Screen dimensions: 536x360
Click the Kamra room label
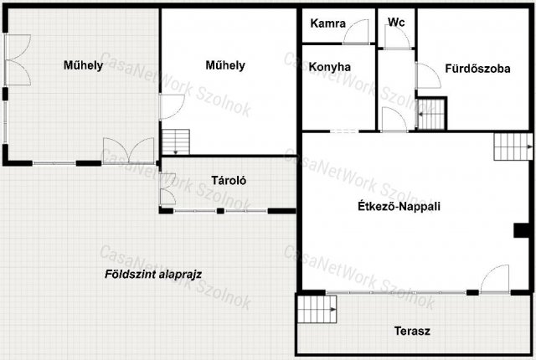tap(327, 23)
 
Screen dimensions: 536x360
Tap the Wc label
tap(396, 23)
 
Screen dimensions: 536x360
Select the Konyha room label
tap(329, 67)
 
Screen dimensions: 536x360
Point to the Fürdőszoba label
tap(477, 69)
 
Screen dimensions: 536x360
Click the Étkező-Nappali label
tap(399, 206)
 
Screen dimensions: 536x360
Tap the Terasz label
tap(412, 331)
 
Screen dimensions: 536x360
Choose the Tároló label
tap(229, 180)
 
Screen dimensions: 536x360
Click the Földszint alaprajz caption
tap(153, 274)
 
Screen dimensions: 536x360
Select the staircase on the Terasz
tap(317, 309)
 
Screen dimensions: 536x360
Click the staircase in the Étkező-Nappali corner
tap(513, 147)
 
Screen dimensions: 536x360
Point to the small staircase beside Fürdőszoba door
tap(430, 114)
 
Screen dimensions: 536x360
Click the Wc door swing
tap(397, 37)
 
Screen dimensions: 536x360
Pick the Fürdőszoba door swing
tap(428, 76)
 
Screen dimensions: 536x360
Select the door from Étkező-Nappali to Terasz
tap(495, 279)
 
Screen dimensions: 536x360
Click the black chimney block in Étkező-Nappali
tap(522, 230)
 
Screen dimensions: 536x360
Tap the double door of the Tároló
tap(167, 189)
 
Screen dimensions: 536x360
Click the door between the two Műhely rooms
tap(173, 106)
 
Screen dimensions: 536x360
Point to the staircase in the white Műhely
tap(176, 142)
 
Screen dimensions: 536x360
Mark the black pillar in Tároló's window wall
tap(220, 211)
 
